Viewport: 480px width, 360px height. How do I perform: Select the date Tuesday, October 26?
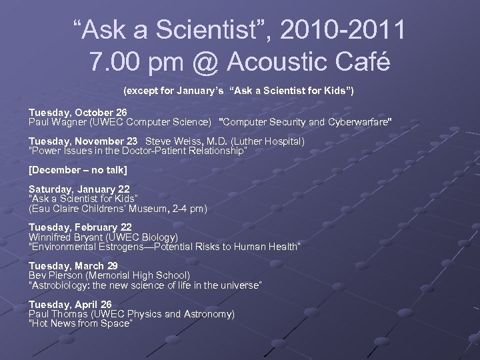(x=77, y=113)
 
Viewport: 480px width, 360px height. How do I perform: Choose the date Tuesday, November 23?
(x=83, y=141)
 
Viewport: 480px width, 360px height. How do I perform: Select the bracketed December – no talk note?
(x=77, y=170)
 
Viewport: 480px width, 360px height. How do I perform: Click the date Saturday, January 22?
(x=79, y=189)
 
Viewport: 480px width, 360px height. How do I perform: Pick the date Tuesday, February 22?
(x=79, y=228)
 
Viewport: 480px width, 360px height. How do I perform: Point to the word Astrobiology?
(x=59, y=285)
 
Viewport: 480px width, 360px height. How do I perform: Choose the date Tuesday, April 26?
(x=70, y=304)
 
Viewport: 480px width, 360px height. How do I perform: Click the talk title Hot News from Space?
(x=81, y=323)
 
